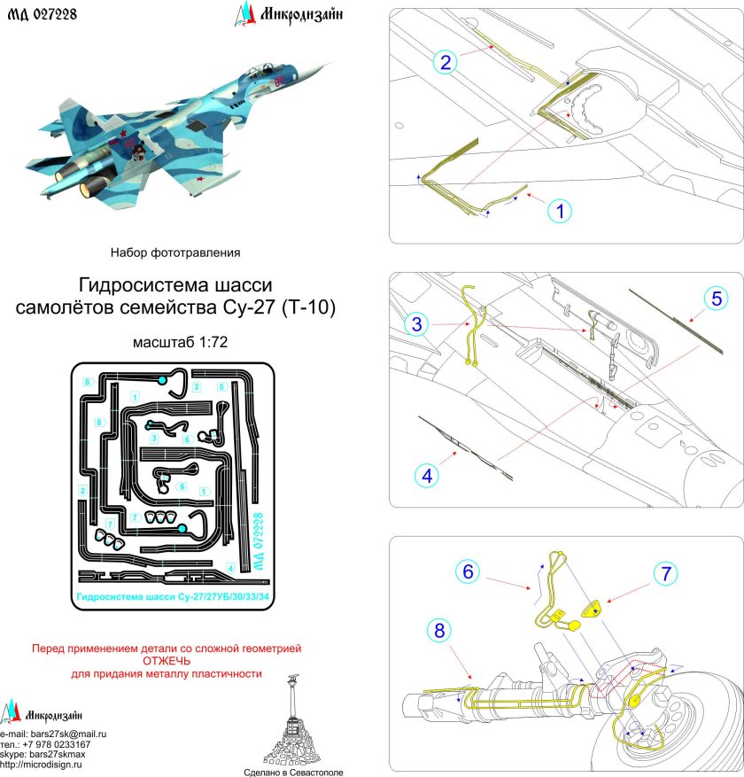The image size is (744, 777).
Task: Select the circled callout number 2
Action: [447, 61]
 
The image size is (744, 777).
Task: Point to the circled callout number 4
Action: [427, 475]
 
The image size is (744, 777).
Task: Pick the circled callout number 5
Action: [718, 298]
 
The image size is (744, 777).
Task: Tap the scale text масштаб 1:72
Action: [174, 342]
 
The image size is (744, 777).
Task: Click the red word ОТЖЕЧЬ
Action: [167, 661]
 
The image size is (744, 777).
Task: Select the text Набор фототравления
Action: [174, 253]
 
